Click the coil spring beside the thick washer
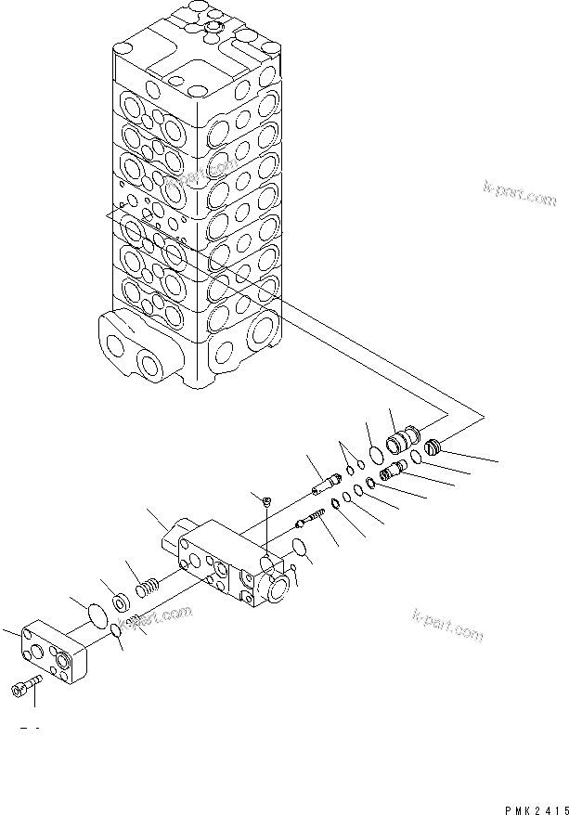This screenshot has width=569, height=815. point(148,588)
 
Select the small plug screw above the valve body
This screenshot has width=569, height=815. point(265,501)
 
